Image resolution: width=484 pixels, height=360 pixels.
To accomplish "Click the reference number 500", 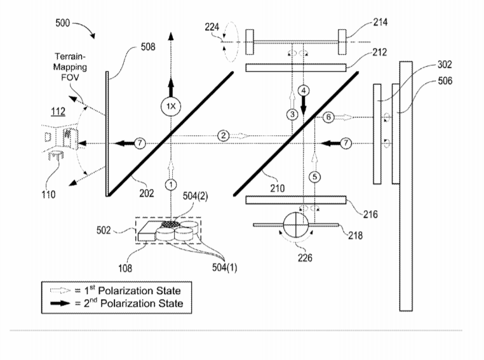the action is pyautogui.click(x=63, y=23).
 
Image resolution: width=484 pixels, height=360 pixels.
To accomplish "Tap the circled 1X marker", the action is pyautogui.click(x=171, y=107).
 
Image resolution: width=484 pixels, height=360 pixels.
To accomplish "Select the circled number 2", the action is pyautogui.click(x=223, y=136).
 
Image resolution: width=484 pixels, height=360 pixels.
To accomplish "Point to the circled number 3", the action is pyautogui.click(x=292, y=114).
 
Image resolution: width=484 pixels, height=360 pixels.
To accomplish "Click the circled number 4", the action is pyautogui.click(x=304, y=91).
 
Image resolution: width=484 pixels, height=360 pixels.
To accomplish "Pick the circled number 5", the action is pyautogui.click(x=314, y=177).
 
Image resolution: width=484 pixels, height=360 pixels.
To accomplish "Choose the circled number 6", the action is pyautogui.click(x=328, y=117).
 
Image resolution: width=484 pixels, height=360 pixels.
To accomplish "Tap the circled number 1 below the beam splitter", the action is pyautogui.click(x=171, y=185).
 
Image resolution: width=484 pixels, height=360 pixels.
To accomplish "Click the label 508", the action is pyautogui.click(x=148, y=47).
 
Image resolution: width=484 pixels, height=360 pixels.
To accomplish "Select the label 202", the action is pyautogui.click(x=147, y=193).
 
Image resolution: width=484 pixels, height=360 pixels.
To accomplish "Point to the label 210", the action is pyautogui.click(x=277, y=188).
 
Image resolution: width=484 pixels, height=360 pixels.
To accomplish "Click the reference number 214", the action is pyautogui.click(x=380, y=22).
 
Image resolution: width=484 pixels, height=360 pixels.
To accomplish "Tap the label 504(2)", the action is pyautogui.click(x=196, y=196).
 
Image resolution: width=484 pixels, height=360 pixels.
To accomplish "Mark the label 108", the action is pyautogui.click(x=125, y=268).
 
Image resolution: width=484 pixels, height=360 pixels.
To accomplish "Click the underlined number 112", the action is pyautogui.click(x=58, y=111).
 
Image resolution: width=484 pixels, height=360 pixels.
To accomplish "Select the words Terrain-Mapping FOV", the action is pyautogui.click(x=70, y=67).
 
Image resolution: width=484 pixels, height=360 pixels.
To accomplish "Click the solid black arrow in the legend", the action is pyautogui.click(x=60, y=303).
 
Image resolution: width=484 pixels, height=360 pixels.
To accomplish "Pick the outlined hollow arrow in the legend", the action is pyautogui.click(x=60, y=290).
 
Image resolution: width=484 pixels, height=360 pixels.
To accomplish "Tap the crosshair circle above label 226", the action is pyautogui.click(x=296, y=225).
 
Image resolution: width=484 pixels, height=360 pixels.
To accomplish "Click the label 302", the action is pyautogui.click(x=445, y=65).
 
